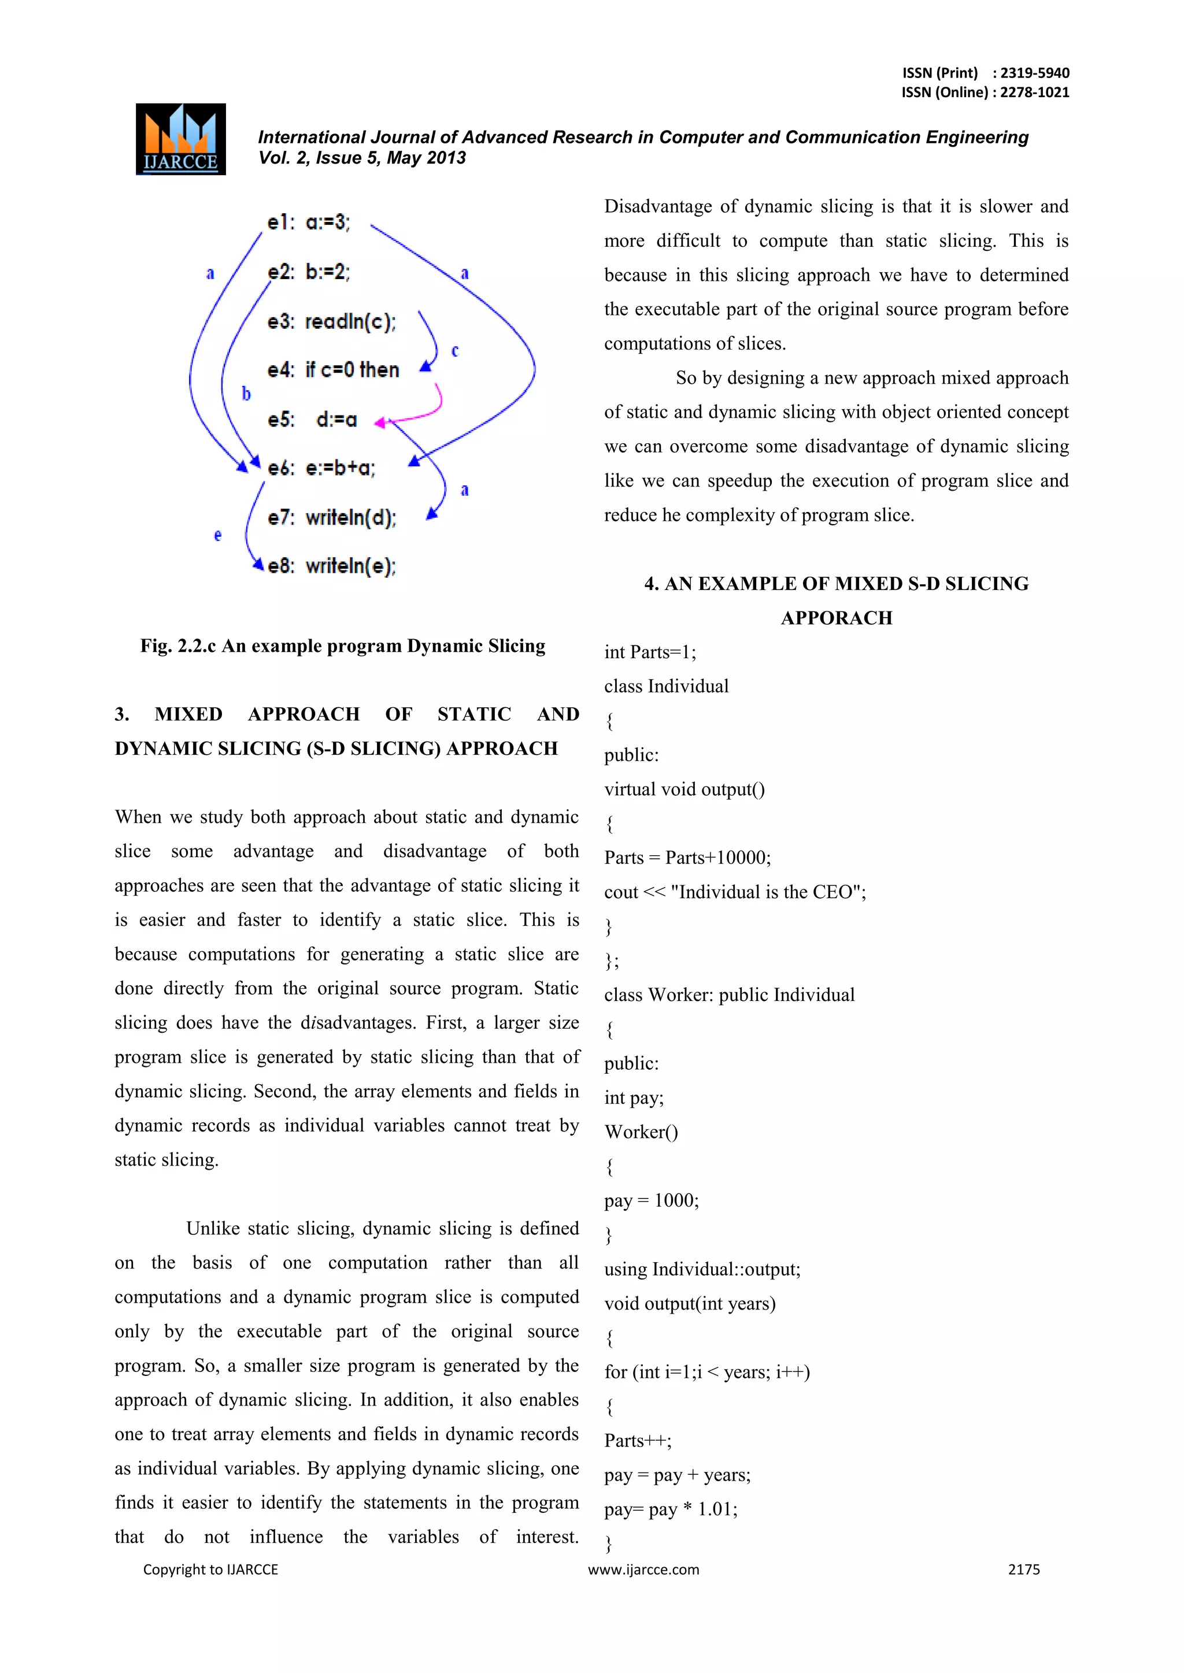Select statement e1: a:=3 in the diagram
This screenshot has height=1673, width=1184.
(308, 222)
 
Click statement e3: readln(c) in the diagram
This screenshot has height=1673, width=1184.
(331, 321)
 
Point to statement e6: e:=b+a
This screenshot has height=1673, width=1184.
(321, 468)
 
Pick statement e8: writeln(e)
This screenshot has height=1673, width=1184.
(331, 566)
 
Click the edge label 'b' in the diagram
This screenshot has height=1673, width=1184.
(246, 394)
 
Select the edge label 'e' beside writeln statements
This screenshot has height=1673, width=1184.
(217, 536)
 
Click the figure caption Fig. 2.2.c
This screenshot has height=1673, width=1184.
(343, 646)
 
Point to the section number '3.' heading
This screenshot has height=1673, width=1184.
(123, 714)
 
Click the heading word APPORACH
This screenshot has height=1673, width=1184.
(836, 618)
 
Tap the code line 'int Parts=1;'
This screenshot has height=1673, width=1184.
(650, 652)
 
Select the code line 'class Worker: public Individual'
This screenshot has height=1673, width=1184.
(729, 995)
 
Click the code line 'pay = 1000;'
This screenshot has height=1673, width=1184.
(651, 1201)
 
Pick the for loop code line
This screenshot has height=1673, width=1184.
(706, 1372)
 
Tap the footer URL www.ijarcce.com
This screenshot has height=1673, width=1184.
(643, 1570)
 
